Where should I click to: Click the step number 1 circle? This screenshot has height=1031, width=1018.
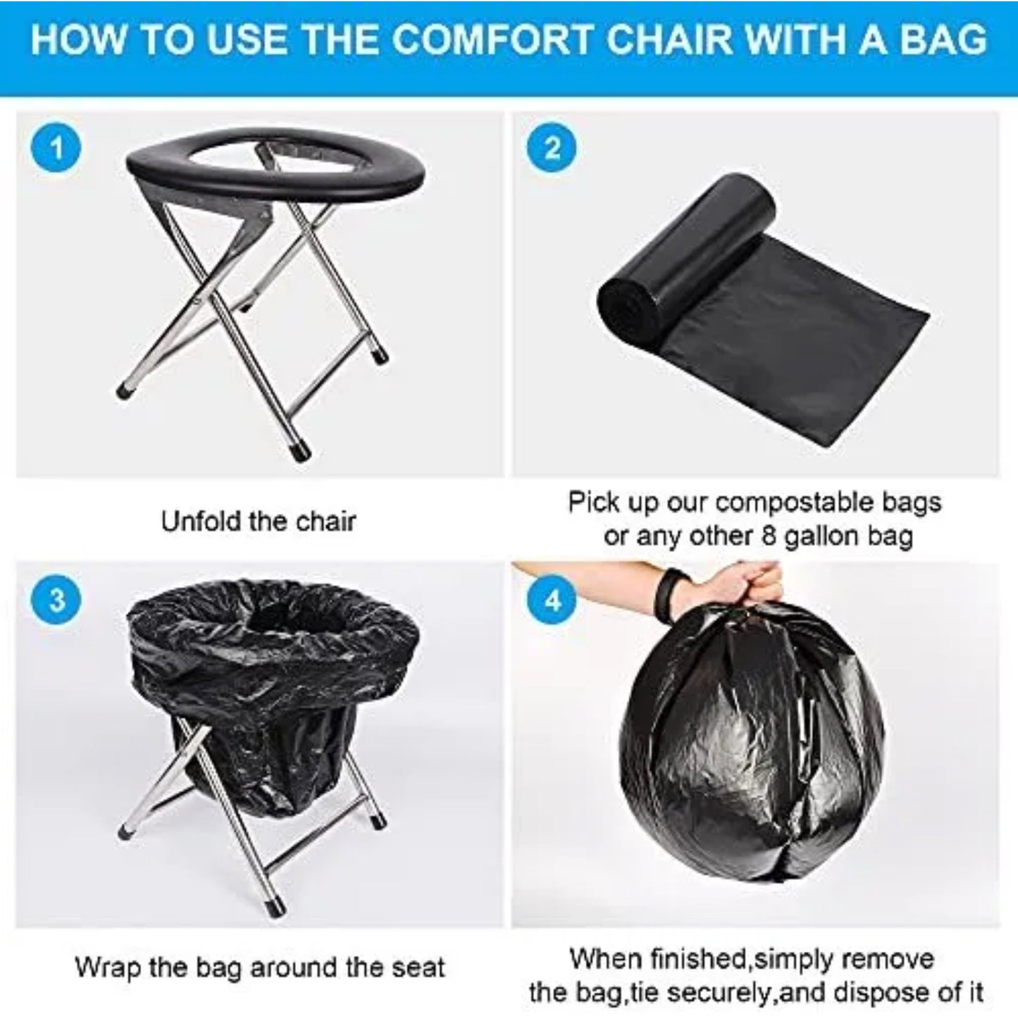tap(56, 149)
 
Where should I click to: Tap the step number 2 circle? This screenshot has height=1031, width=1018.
tap(552, 149)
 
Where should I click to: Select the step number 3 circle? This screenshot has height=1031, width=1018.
tap(56, 600)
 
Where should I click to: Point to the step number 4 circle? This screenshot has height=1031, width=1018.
tap(552, 600)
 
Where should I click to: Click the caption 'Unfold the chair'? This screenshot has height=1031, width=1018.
tap(259, 521)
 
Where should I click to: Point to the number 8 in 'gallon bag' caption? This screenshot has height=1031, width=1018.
tap(769, 536)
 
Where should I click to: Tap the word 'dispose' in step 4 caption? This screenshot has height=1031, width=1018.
tap(872, 992)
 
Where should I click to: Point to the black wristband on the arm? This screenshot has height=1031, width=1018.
tap(664, 589)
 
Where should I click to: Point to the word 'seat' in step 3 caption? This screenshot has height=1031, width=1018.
tap(420, 967)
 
